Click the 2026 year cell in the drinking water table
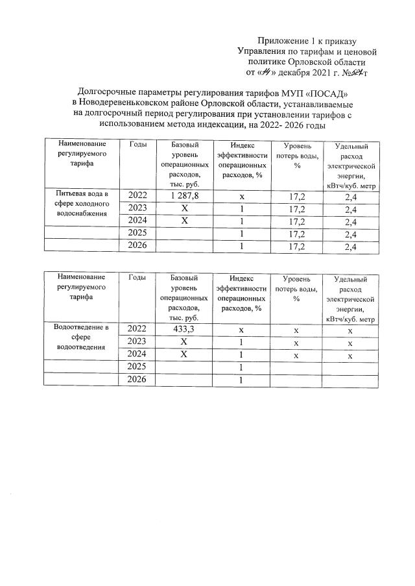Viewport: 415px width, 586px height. [x=137, y=246]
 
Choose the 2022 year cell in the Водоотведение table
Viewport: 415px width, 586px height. [x=137, y=330]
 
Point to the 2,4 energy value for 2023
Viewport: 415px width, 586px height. [x=351, y=208]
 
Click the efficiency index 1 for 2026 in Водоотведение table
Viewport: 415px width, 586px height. [x=241, y=380]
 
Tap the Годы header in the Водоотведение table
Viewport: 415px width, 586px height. [x=137, y=278]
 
